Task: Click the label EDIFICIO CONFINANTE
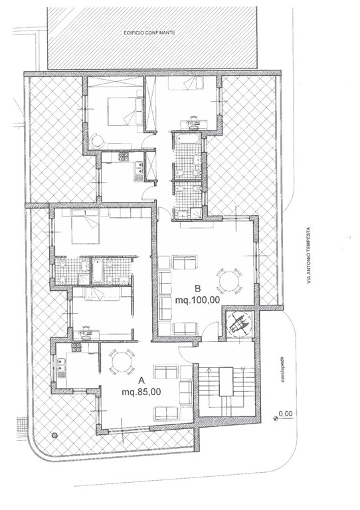click(x=149, y=33)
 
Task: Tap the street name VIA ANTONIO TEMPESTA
click(x=309, y=255)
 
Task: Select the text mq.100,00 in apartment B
click(x=197, y=300)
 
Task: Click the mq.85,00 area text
click(x=141, y=392)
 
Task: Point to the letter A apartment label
click(x=141, y=381)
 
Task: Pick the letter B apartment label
click(x=198, y=288)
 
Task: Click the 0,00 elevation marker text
click(x=286, y=414)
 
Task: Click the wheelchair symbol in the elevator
click(x=239, y=323)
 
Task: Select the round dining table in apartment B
click(x=229, y=281)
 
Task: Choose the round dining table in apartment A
click(x=122, y=361)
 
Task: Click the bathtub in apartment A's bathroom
click(x=97, y=270)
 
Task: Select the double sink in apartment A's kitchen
click(x=61, y=365)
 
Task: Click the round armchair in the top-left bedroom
click(x=96, y=141)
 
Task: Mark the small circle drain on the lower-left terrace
click(x=54, y=434)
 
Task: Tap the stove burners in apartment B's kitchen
click(x=124, y=158)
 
